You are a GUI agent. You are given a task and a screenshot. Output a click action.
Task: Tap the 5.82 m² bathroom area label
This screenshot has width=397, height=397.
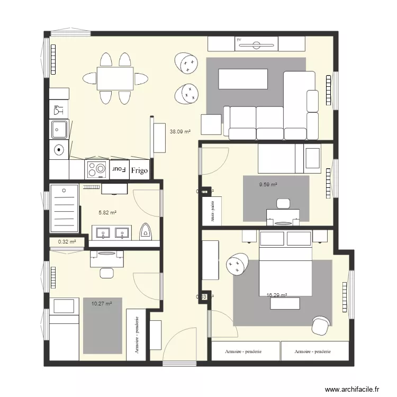pyautogui.click(x=107, y=212)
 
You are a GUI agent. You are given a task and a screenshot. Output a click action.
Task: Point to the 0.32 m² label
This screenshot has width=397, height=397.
pyautogui.click(x=67, y=242)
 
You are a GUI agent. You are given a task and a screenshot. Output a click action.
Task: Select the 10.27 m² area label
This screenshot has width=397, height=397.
pyautogui.click(x=102, y=304)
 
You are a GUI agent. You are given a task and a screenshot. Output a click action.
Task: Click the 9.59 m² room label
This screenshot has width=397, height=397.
pyautogui.click(x=268, y=185)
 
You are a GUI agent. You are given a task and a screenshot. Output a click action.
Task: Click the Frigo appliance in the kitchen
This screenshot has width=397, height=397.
pyautogui.click(x=140, y=170)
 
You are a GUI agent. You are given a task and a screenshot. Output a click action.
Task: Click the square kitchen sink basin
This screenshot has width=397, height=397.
pyautogui.click(x=59, y=129)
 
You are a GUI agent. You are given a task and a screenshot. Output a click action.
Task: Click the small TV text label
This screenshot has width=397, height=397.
pyautogui.click(x=239, y=40)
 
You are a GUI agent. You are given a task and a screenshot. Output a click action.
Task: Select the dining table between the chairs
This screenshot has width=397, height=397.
pyautogui.click(x=115, y=78)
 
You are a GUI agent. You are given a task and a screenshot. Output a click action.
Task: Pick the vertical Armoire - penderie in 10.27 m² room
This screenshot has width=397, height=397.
pyautogui.click(x=137, y=335)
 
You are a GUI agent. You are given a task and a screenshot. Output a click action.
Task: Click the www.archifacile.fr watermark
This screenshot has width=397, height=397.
pyautogui.click(x=352, y=389)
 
